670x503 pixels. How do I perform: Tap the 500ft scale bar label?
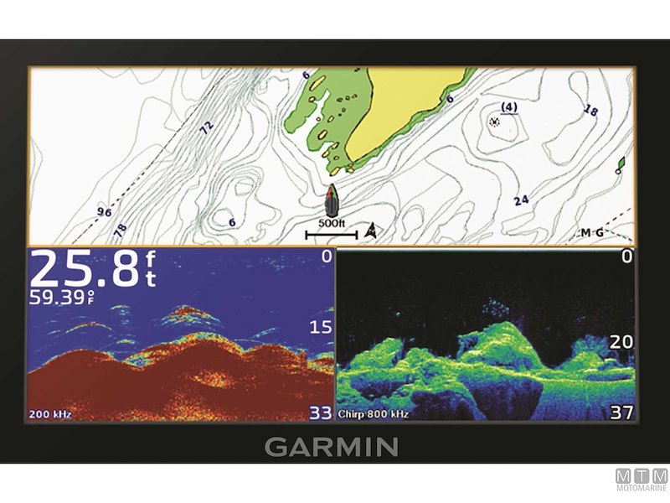point(331,224)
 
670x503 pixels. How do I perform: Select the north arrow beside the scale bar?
point(372,231)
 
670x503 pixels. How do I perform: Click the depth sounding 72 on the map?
point(205,127)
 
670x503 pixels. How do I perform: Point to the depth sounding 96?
point(105,211)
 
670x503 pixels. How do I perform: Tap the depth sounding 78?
point(121,228)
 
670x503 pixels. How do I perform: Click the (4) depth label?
point(508,106)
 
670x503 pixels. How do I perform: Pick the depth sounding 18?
point(591,111)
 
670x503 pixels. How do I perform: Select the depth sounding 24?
point(522,200)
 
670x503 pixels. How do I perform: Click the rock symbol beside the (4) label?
point(494,122)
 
